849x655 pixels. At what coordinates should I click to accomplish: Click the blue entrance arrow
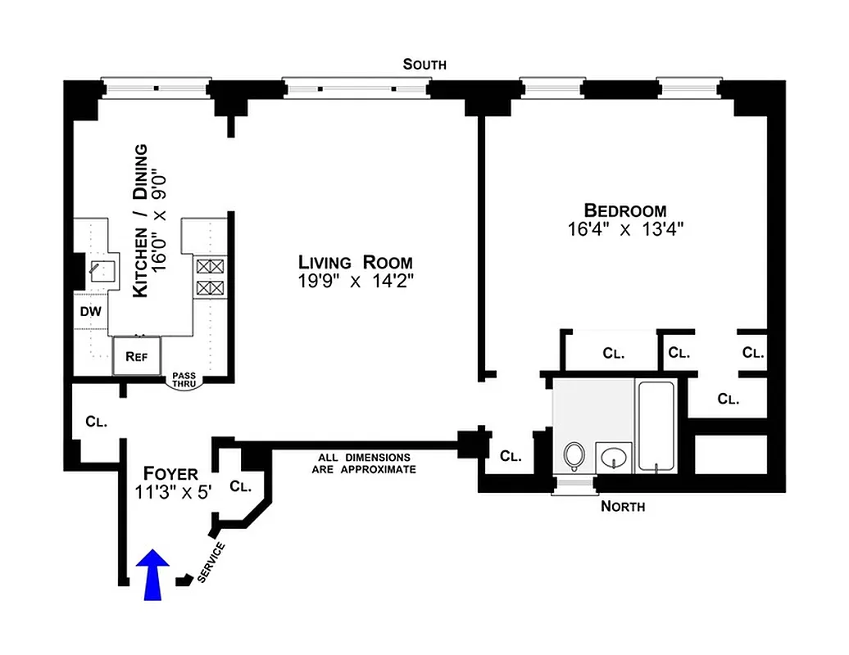coord(152,576)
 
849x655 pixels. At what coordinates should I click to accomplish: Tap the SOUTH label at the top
coord(424,65)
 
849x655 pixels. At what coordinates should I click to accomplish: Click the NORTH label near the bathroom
coord(623,506)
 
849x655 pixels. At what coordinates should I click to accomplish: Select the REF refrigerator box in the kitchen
coord(135,356)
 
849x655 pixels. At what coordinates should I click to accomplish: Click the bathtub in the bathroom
coord(655,426)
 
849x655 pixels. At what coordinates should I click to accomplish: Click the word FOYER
coord(170,473)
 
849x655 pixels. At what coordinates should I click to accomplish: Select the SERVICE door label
coord(211,562)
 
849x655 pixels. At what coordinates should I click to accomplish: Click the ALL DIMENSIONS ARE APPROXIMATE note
coord(364,463)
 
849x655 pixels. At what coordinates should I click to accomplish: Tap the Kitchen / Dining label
coord(141,221)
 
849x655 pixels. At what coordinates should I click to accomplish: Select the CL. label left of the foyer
coord(96,422)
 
